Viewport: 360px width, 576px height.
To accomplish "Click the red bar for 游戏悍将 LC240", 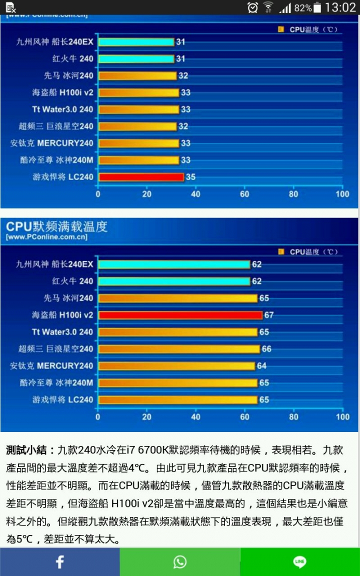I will click(141, 177).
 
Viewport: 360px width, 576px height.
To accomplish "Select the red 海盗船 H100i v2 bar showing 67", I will click(180, 315).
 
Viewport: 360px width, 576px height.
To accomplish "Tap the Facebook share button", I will click(59, 562).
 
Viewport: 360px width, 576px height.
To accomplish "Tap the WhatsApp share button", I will click(180, 562).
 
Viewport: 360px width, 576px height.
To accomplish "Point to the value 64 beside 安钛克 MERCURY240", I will click(261, 366).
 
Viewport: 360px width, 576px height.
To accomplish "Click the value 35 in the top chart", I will click(190, 177).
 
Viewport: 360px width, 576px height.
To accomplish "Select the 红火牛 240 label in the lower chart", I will click(72, 281).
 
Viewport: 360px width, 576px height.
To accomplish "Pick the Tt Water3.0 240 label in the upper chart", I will click(62, 109).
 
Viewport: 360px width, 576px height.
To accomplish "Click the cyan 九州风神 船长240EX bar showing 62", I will click(174, 264).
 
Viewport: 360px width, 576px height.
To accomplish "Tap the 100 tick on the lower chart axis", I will click(342, 416).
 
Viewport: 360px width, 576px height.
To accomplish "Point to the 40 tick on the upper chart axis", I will click(195, 194).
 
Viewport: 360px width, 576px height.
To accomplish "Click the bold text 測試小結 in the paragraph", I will click(27, 450).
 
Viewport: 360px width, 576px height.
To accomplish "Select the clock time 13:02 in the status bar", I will click(340, 7).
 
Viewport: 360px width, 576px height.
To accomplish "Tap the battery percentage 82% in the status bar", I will click(303, 8).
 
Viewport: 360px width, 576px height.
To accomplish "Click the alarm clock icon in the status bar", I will click(252, 7).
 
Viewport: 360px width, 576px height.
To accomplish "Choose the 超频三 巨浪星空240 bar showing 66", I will click(178, 349).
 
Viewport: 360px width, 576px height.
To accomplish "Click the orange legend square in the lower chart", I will click(281, 251).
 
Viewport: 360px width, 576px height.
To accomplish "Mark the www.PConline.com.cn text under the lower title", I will click(46, 237).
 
